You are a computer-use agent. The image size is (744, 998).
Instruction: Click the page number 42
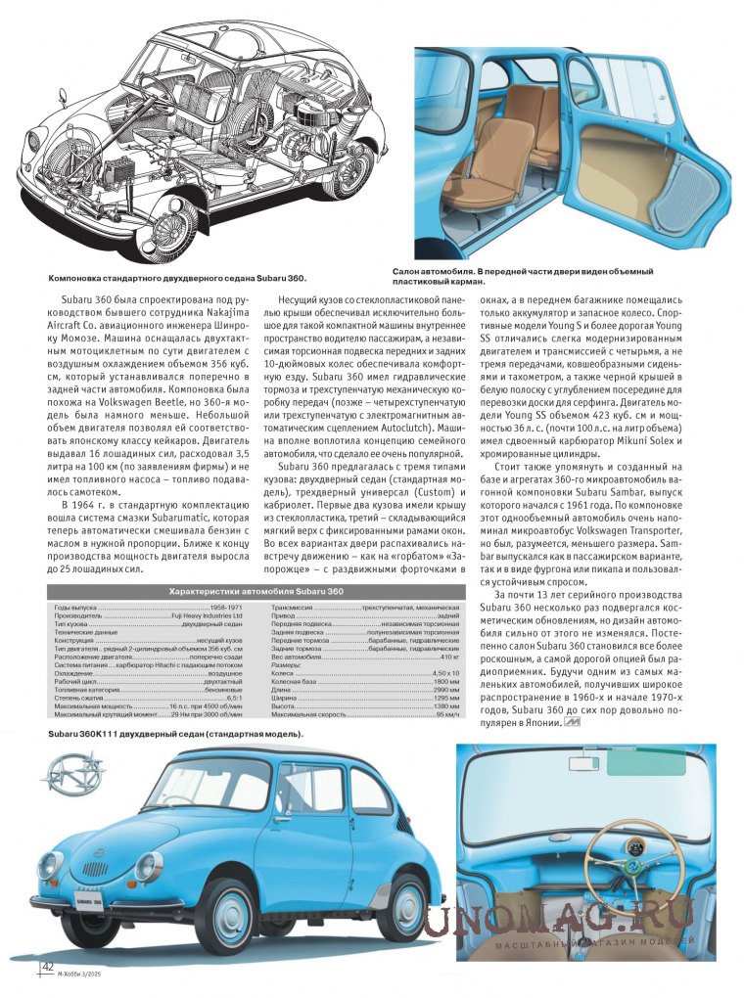(46, 967)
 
